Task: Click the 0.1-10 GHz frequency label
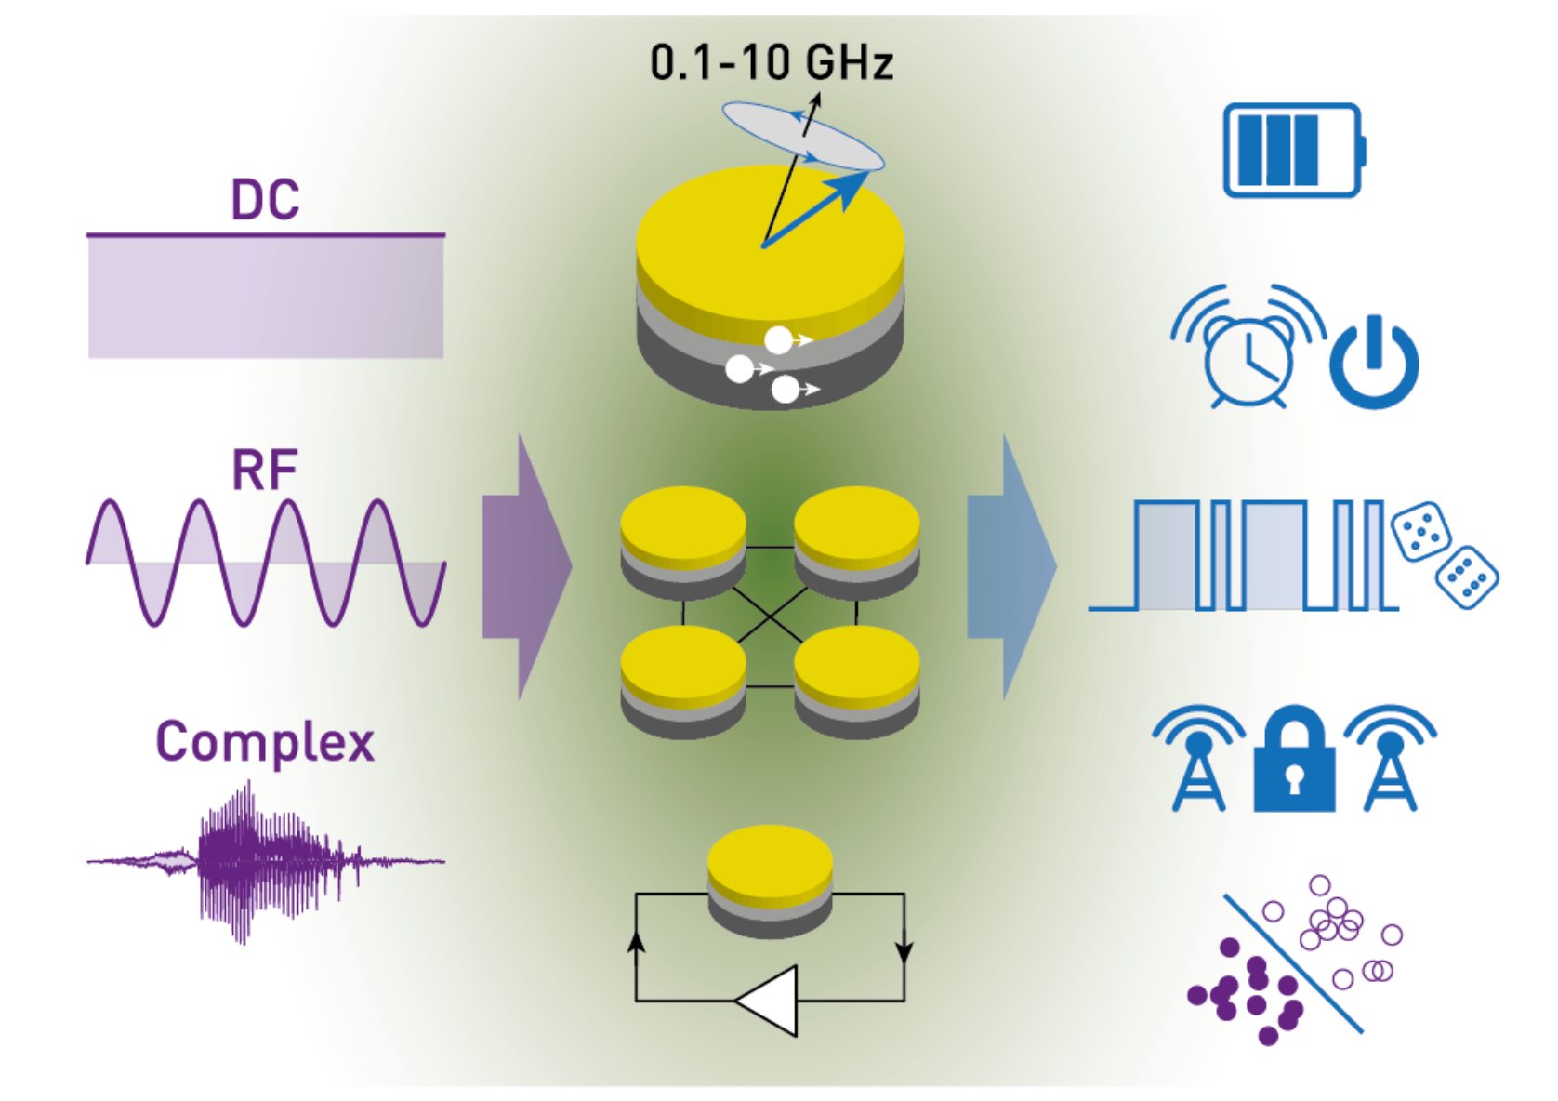tap(771, 63)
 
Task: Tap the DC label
tap(265, 199)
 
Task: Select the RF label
tap(265, 470)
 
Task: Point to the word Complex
tap(265, 742)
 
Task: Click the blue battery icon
tap(1292, 150)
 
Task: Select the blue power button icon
tap(1373, 362)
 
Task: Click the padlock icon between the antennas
tap(1294, 761)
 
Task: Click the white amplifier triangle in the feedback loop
tap(771, 1001)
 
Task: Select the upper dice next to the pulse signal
tap(1420, 532)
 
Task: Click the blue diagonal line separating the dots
tap(1293, 963)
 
